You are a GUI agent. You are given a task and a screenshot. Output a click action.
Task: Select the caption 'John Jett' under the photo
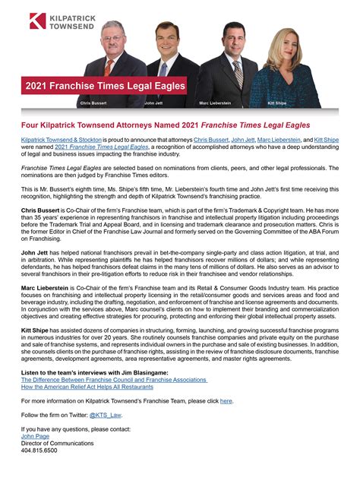click(154, 102)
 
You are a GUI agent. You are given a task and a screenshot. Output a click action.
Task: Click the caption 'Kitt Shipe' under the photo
click(277, 102)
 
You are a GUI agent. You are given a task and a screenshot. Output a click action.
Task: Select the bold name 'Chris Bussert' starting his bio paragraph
click(41, 209)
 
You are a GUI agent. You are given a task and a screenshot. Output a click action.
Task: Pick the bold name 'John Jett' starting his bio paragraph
click(36, 250)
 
